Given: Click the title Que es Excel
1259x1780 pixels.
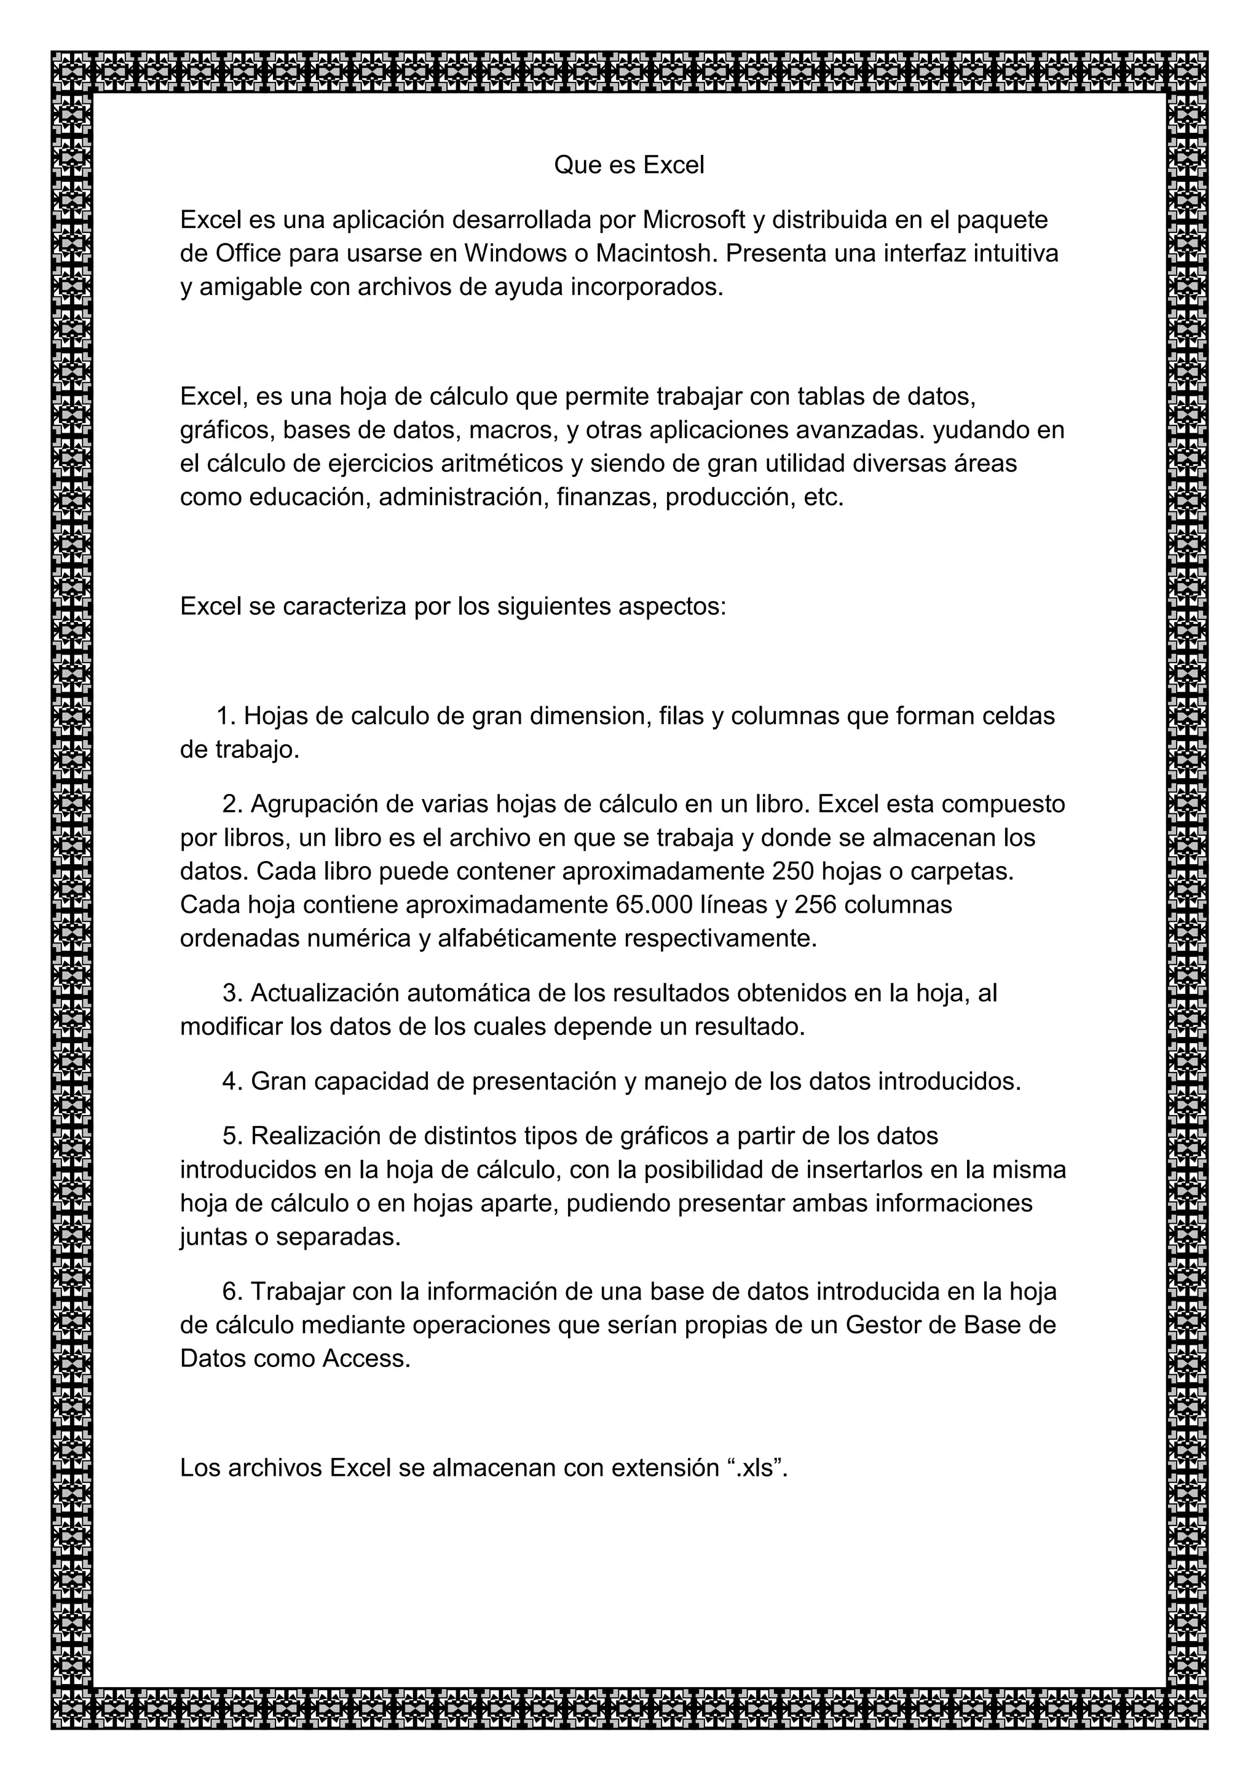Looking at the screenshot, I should point(629,165).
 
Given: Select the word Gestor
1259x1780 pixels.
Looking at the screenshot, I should point(882,1325).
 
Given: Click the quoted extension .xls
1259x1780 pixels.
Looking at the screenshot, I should point(756,1468).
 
